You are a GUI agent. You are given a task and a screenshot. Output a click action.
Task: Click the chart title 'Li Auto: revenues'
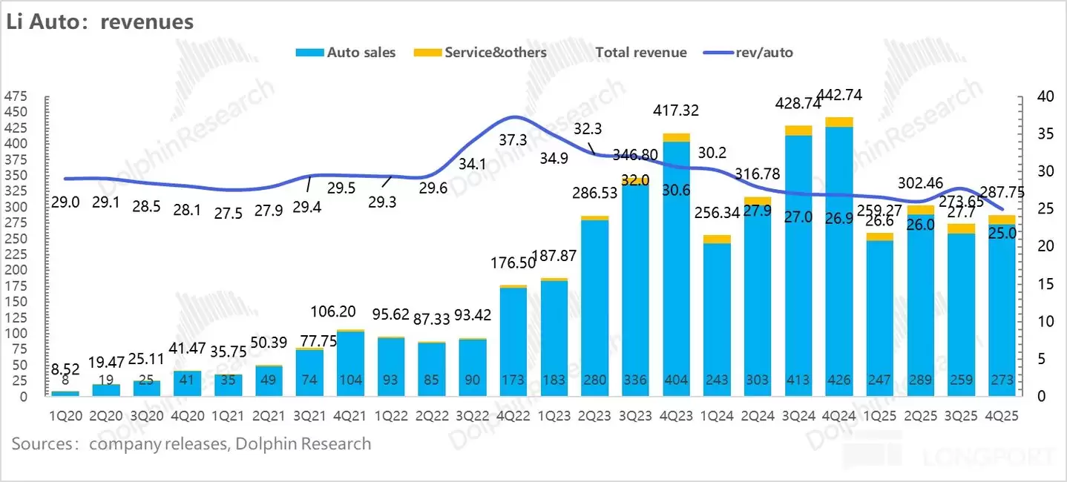tap(100, 22)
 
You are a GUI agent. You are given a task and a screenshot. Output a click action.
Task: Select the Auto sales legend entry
tap(345, 53)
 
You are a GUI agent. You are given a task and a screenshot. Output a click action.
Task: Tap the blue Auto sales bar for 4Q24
tap(839, 260)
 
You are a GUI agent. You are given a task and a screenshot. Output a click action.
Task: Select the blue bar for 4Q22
tap(513, 341)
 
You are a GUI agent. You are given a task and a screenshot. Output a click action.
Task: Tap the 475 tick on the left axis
tap(16, 96)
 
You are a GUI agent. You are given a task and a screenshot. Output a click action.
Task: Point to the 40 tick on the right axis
tap(1045, 96)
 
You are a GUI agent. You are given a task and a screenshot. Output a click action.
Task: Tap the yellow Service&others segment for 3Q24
tap(798, 131)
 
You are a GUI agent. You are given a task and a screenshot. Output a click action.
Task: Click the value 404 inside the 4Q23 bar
tap(676, 380)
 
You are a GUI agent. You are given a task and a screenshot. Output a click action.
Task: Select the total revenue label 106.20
tap(350, 311)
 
